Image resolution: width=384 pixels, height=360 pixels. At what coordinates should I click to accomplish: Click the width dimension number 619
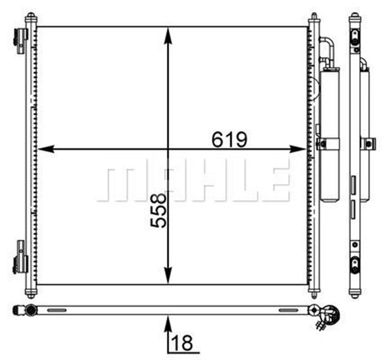[229, 139]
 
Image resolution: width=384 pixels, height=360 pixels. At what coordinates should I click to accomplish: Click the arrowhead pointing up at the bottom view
[168, 323]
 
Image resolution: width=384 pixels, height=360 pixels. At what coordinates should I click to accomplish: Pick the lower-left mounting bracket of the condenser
[21, 258]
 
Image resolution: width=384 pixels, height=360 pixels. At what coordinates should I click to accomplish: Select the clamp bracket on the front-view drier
[328, 144]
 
